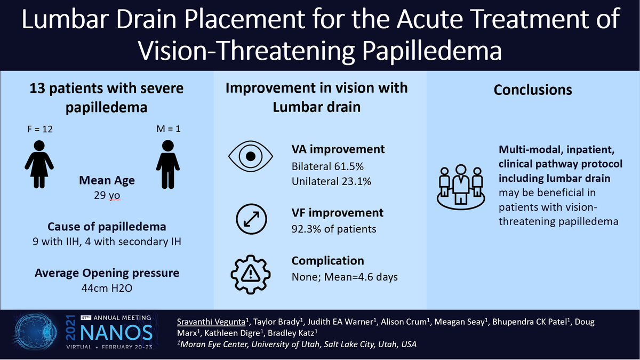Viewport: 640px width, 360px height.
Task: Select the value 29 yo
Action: pos(107,196)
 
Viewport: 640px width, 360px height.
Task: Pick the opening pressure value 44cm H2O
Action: pos(107,289)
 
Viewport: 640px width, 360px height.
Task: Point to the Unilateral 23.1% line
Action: pos(331,181)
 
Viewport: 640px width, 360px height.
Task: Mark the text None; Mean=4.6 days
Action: pos(343,277)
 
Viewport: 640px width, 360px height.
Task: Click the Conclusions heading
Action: pos(533,90)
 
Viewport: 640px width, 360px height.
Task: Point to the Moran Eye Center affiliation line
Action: pos(297,345)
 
